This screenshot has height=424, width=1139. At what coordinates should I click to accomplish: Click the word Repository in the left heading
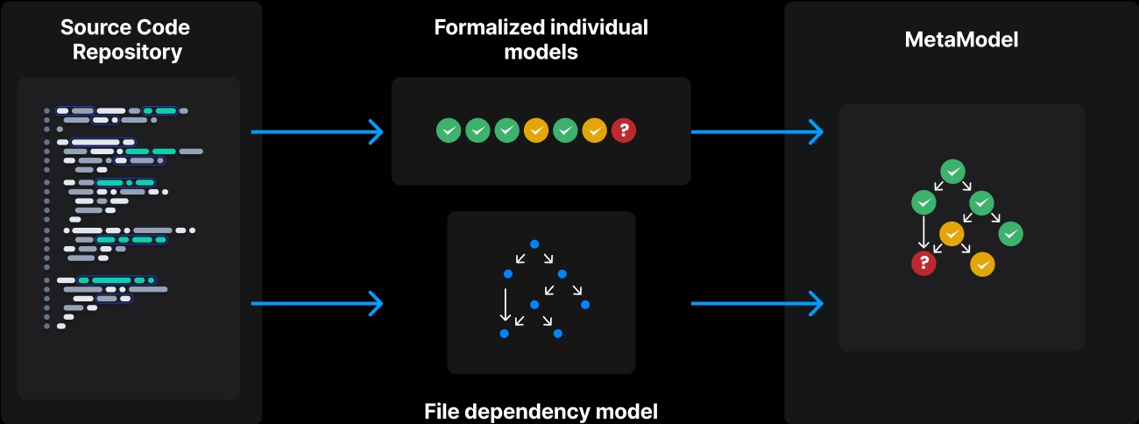tap(127, 52)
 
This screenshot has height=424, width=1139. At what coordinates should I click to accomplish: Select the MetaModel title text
tap(961, 39)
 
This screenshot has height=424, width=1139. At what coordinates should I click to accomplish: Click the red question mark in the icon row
tap(623, 131)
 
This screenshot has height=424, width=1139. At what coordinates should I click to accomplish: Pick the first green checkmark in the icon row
tap(449, 131)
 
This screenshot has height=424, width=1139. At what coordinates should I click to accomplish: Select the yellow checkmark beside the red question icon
tap(594, 131)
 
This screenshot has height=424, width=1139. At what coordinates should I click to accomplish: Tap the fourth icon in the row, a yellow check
tap(536, 131)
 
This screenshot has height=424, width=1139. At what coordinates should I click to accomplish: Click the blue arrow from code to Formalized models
tap(317, 132)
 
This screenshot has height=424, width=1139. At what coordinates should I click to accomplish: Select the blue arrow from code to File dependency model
tap(317, 304)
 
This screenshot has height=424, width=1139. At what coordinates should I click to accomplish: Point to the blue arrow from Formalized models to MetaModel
tap(757, 132)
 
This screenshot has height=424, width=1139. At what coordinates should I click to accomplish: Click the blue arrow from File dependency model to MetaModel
tap(757, 304)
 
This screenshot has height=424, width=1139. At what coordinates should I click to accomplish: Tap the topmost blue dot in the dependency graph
tap(534, 244)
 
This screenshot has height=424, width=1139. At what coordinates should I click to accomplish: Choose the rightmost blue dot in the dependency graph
tap(584, 305)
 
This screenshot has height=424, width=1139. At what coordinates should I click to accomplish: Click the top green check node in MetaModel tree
tap(952, 172)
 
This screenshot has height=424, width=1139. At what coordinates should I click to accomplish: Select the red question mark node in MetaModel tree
tap(923, 263)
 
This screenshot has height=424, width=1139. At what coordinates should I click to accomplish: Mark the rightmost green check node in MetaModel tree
tap(1010, 234)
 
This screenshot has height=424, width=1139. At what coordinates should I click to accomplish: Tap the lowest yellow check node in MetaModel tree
tap(982, 264)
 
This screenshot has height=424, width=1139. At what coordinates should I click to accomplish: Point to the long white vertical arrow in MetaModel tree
tap(923, 232)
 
